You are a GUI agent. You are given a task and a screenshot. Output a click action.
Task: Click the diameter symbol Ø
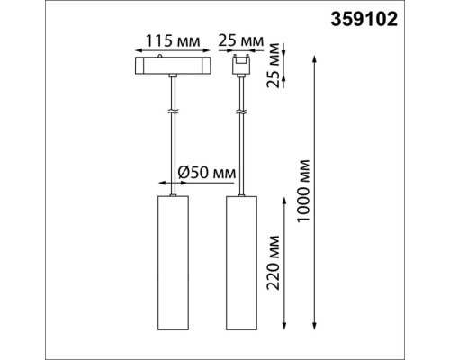click(183, 171)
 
